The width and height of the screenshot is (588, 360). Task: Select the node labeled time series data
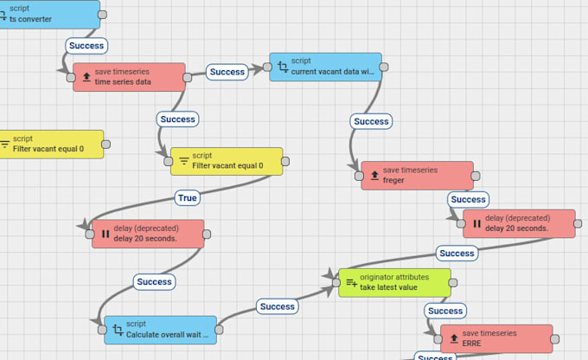click(x=129, y=76)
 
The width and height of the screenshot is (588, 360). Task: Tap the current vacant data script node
click(x=324, y=67)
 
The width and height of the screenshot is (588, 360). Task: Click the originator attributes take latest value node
click(x=394, y=282)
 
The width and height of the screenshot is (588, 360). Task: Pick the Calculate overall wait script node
click(x=160, y=329)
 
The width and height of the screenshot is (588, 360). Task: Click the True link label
click(x=188, y=198)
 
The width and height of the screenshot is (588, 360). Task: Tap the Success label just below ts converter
click(x=86, y=45)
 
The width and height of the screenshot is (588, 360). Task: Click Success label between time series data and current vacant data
click(x=227, y=72)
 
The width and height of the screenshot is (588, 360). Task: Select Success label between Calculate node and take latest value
click(x=277, y=306)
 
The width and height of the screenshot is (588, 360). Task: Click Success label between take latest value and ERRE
click(x=445, y=311)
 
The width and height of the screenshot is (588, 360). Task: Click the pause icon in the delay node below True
click(x=105, y=234)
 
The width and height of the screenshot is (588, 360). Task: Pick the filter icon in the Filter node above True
click(x=184, y=161)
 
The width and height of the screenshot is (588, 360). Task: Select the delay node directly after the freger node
click(x=519, y=223)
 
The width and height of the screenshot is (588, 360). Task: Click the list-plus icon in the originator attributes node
click(x=351, y=283)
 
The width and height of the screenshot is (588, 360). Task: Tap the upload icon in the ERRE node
click(x=453, y=339)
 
